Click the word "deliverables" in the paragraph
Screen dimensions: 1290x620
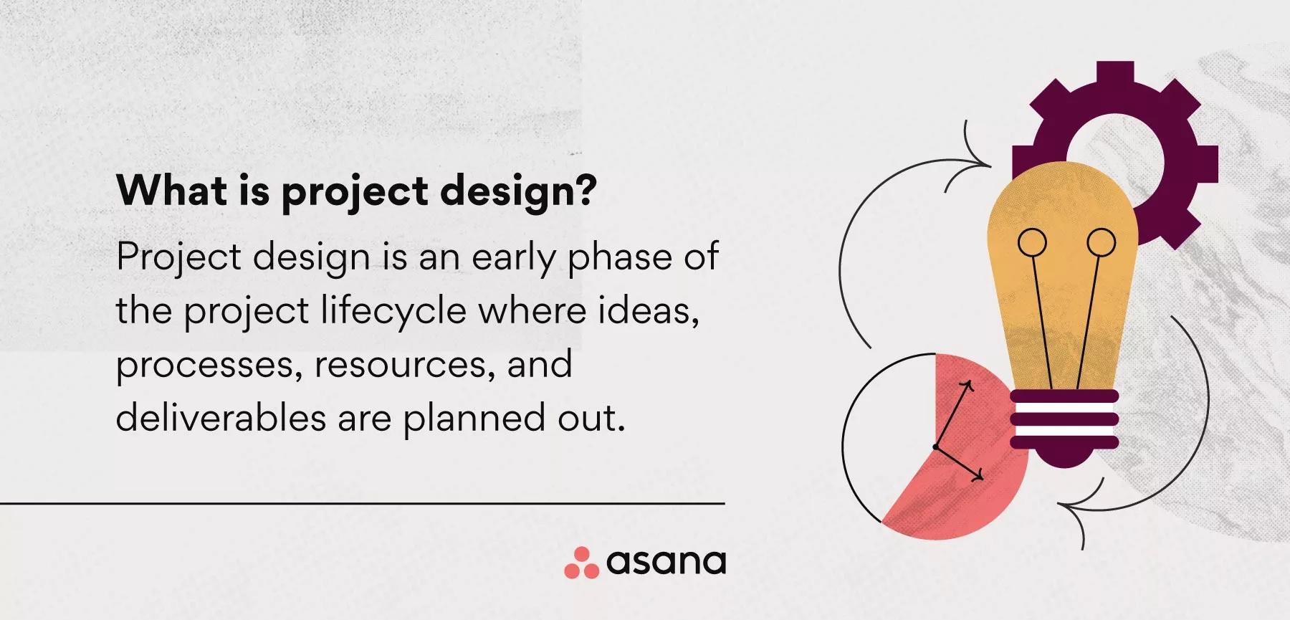point(221,416)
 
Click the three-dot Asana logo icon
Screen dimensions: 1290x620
point(581,563)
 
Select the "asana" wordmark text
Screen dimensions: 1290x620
point(666,563)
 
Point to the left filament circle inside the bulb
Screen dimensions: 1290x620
point(1032,242)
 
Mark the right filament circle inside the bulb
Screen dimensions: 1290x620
point(1101,242)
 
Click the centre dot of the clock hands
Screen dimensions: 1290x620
point(936,447)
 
